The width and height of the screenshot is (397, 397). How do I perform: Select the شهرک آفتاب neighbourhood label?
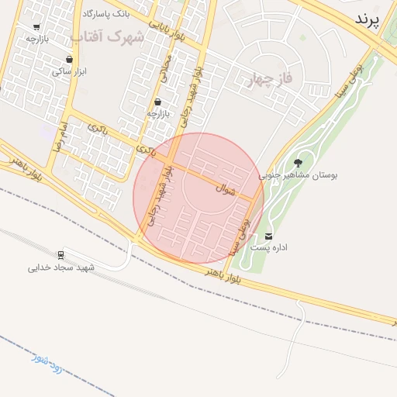(x=106, y=36)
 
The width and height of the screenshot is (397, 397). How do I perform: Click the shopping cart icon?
(x=36, y=26)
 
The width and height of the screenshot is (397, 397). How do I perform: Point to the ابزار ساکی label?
(x=68, y=71)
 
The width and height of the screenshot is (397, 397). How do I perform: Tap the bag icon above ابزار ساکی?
(x=70, y=59)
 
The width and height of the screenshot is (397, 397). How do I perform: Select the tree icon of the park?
(x=299, y=163)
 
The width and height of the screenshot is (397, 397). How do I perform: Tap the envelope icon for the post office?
(x=269, y=236)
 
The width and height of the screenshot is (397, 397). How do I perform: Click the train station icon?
(x=60, y=255)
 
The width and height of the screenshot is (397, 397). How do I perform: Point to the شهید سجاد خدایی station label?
(x=60, y=268)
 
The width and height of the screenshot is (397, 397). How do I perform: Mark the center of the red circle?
(x=198, y=198)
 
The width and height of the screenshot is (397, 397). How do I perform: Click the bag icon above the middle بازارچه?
(x=158, y=102)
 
